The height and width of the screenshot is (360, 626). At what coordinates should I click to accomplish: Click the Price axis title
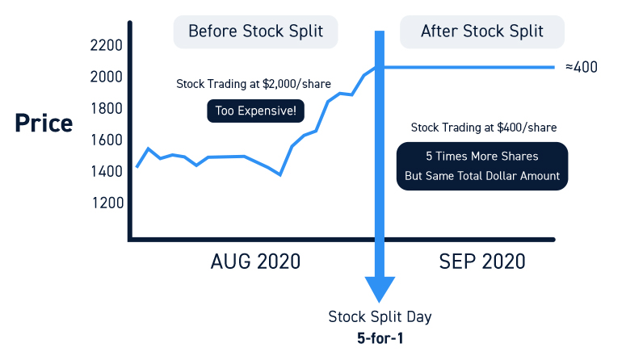click(43, 124)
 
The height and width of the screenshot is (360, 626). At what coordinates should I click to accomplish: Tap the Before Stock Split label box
click(255, 31)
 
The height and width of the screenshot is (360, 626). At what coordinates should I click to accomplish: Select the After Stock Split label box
click(482, 31)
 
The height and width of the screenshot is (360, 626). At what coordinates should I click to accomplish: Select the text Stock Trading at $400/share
click(484, 128)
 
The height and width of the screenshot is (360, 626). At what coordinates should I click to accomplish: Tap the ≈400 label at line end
click(581, 67)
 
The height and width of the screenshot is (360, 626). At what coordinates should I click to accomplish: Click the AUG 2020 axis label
click(255, 262)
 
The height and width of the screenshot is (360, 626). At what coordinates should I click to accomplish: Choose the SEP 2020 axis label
click(482, 262)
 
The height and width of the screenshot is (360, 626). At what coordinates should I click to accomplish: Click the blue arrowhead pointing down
click(380, 289)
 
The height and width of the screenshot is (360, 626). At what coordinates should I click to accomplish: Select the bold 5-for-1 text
click(379, 338)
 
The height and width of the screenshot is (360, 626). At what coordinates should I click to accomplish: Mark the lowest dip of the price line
click(280, 174)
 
